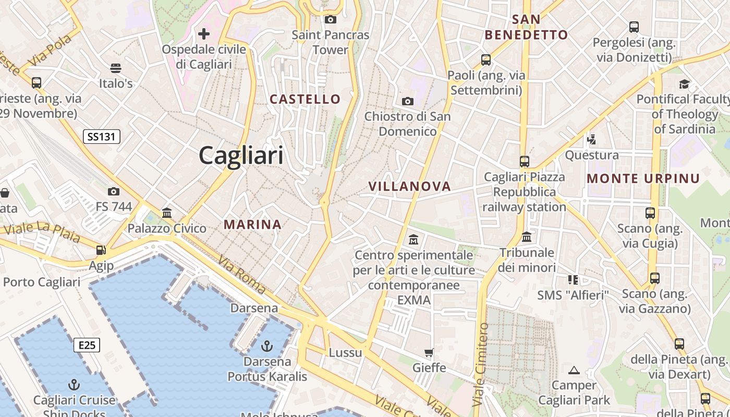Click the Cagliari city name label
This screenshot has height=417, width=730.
tap(241, 155)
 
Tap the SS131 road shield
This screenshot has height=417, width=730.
tap(102, 137)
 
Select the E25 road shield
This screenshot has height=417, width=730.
tap(87, 345)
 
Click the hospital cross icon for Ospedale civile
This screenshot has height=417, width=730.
tap(204, 34)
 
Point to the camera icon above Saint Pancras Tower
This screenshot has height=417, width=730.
tap(330, 20)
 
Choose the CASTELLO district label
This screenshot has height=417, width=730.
tap(305, 99)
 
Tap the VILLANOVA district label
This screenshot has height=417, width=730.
tap(409, 186)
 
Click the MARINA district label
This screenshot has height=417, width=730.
tap(252, 225)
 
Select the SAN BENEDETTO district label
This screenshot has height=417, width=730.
tap(526, 27)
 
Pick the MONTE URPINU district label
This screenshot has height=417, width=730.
tap(643, 178)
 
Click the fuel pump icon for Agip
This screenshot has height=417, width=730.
tap(101, 250)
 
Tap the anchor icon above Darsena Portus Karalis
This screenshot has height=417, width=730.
tap(267, 346)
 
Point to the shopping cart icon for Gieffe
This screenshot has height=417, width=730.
tap(429, 353)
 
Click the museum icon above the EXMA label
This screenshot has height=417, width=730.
tap(413, 240)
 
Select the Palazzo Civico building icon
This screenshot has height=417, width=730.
tap(167, 213)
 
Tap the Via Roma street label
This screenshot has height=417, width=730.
tap(241, 274)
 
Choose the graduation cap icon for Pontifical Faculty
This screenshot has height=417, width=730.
tap(684, 84)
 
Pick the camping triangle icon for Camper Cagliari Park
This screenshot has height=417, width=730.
tap(574, 371)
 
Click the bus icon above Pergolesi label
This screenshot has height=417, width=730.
tap(634, 27)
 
